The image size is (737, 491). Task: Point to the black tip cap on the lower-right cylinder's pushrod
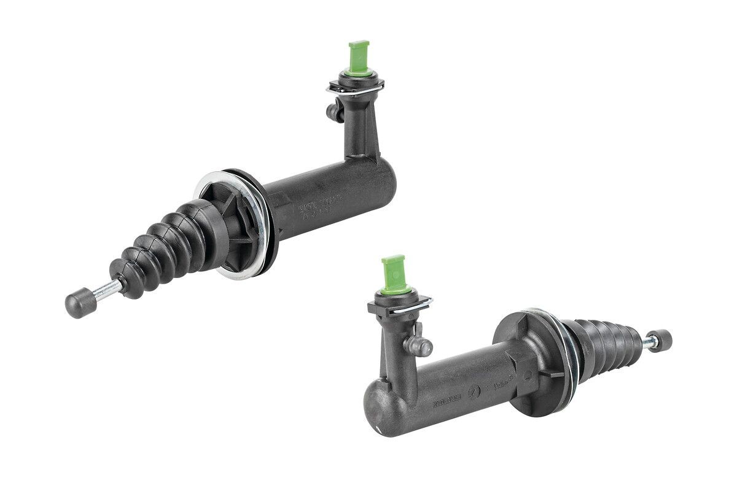coord(663,339)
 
